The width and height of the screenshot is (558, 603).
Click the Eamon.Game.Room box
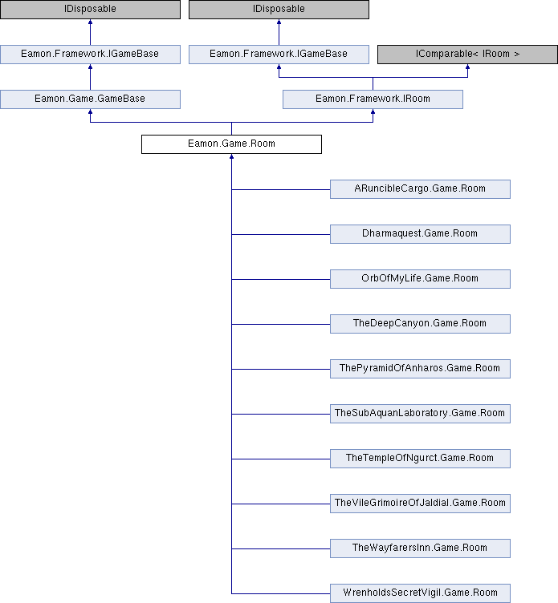point(231,144)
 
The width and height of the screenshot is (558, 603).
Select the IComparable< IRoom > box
point(467,55)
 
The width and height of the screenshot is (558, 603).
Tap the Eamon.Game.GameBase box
point(90,99)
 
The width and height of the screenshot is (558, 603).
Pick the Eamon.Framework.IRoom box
point(373,99)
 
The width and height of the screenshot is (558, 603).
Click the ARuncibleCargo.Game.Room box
point(420,189)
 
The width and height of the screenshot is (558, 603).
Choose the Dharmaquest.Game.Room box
point(420,234)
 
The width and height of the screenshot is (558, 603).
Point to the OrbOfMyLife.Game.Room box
point(420,279)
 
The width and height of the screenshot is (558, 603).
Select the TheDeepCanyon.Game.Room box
point(420,324)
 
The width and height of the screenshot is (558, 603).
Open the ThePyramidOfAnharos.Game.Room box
point(420,369)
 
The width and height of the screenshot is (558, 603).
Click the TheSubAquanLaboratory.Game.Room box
point(420,414)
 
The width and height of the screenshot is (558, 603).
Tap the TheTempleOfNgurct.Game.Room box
point(420,459)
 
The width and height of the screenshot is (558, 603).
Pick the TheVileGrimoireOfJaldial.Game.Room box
point(420,504)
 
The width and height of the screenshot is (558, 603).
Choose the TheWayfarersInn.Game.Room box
point(420,548)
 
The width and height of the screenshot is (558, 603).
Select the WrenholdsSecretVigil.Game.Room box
point(420,593)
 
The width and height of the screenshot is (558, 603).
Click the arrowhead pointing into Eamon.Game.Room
point(231,156)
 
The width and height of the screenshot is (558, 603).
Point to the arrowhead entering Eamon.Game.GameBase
point(90,111)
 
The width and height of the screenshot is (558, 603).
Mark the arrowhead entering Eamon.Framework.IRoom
point(373,111)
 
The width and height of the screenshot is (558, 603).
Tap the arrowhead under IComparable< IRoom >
point(467,67)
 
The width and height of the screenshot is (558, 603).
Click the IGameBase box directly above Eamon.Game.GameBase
point(90,55)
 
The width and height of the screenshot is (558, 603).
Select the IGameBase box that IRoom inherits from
point(279,55)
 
